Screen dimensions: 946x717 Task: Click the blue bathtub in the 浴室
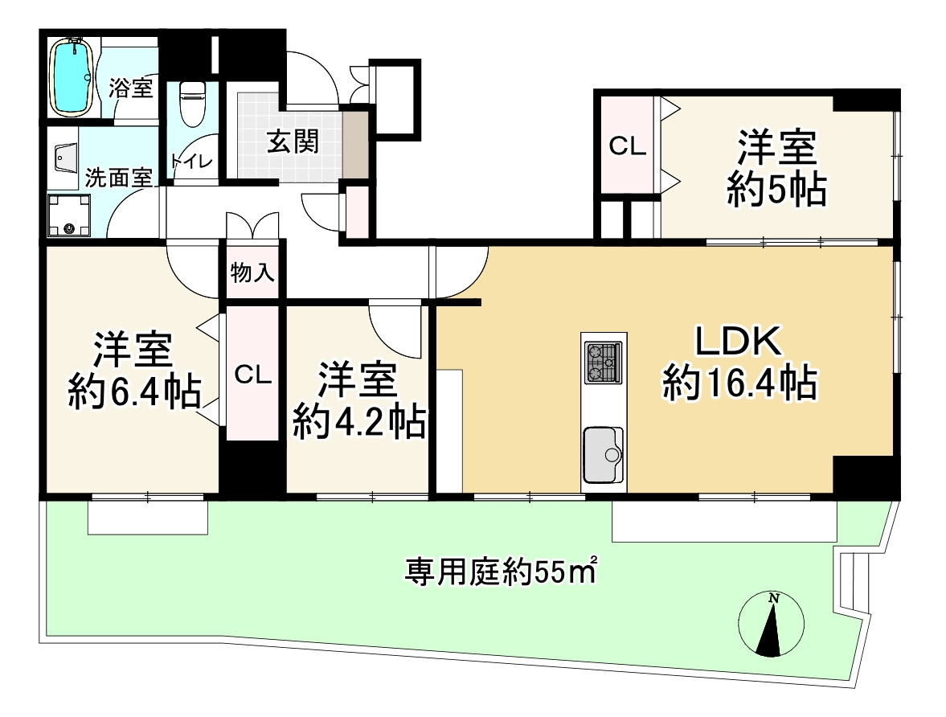pos(72,76)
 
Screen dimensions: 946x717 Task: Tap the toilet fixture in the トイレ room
pos(193,104)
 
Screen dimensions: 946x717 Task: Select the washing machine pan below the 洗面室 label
pos(69,215)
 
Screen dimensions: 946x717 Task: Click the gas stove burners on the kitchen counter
pos(603,363)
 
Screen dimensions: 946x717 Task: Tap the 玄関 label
pos(293,143)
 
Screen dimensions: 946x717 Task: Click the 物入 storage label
pos(253,273)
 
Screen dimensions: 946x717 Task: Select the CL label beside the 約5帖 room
pos(627,145)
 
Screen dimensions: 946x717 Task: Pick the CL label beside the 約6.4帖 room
pos(253,375)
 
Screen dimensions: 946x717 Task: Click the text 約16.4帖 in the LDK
pos(739,382)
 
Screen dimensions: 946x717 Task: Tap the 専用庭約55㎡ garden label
pos(501,571)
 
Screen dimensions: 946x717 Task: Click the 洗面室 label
pos(118,178)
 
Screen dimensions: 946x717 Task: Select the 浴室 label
pos(130,88)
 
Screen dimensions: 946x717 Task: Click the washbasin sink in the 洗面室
pos(67,158)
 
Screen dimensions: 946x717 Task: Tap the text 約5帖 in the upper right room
pos(776,190)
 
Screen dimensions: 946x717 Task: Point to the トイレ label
pos(192,161)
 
